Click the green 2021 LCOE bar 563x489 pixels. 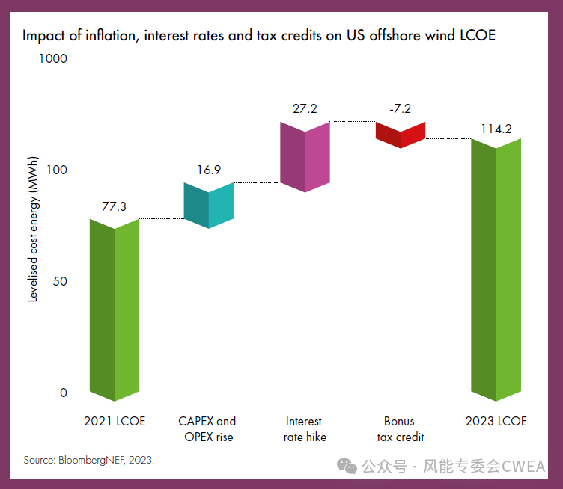pos(115,310)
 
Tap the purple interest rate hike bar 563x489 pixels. pos(305,156)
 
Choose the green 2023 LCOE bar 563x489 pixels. pos(496,269)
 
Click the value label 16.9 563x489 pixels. pos(209,170)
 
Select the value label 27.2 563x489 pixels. pos(305,108)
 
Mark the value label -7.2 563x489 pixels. pos(400,108)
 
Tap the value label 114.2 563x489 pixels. pos(496,129)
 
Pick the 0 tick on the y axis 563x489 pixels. pos(63,393)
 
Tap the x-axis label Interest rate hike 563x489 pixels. pos(305,429)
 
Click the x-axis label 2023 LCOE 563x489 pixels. pos(496,422)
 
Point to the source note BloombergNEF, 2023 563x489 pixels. pos(88,460)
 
